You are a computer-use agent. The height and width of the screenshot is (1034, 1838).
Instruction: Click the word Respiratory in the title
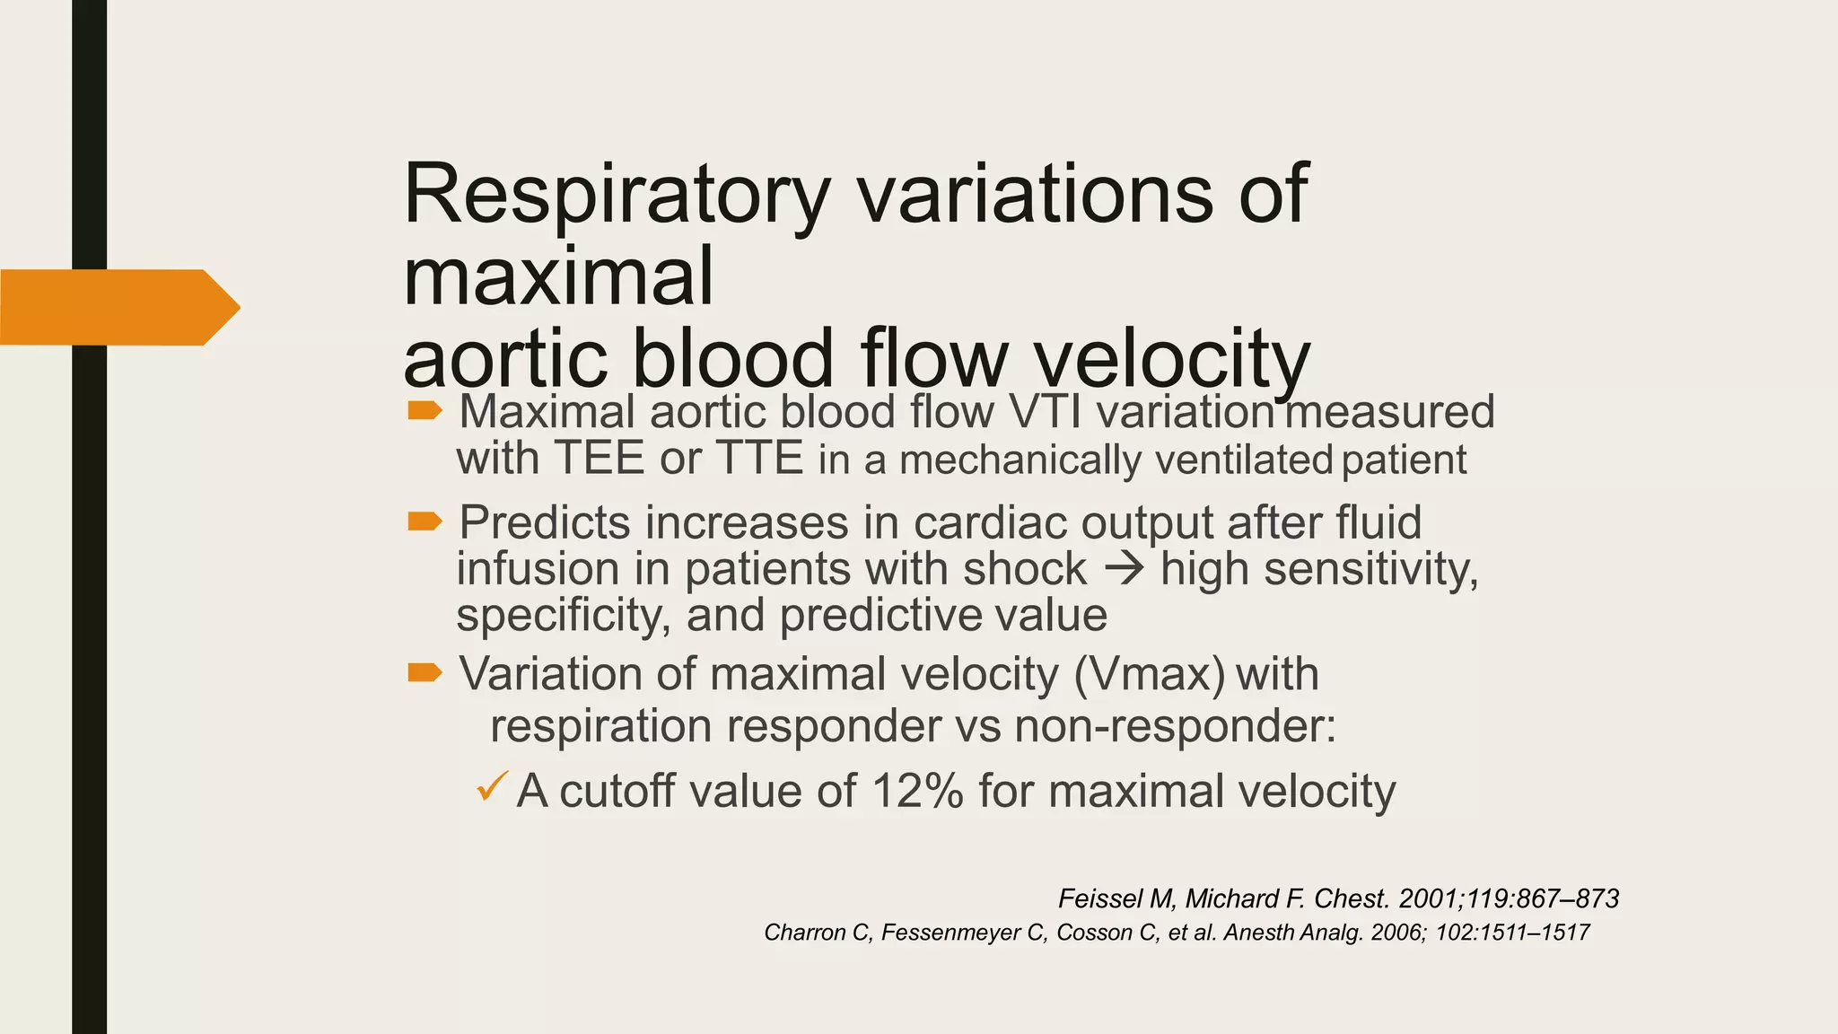pyautogui.click(x=616, y=195)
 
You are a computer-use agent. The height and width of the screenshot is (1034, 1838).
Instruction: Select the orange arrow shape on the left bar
pyautogui.click(x=119, y=307)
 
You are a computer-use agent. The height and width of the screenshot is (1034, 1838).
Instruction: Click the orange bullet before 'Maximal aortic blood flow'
pyautogui.click(x=424, y=411)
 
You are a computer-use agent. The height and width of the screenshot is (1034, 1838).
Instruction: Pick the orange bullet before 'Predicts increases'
pyautogui.click(x=424, y=521)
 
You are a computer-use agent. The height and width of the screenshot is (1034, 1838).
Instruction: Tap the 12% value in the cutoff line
pyautogui.click(x=916, y=792)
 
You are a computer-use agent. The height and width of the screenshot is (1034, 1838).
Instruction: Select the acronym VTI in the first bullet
pyautogui.click(x=1046, y=413)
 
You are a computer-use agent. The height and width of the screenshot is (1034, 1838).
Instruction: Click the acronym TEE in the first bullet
pyautogui.click(x=599, y=459)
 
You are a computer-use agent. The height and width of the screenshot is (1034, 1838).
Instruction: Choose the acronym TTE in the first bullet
pyautogui.click(x=758, y=459)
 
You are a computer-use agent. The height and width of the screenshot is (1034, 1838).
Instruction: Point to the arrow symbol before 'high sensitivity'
pyautogui.click(x=1122, y=569)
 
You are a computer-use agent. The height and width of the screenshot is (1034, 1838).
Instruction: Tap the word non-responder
pyautogui.click(x=1176, y=726)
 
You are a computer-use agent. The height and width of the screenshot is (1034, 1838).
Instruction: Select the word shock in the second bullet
pyautogui.click(x=1025, y=569)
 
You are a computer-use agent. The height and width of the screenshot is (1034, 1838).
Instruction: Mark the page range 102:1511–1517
pyautogui.click(x=1512, y=933)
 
